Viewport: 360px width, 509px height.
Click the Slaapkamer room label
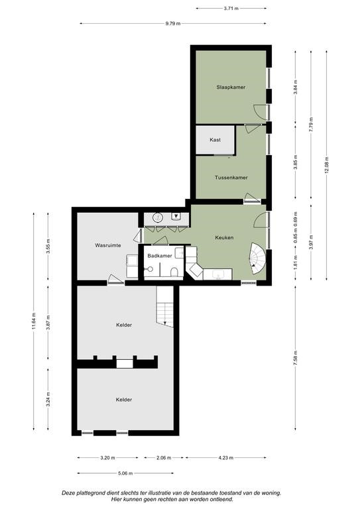(x=231, y=87)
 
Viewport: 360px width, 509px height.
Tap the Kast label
(x=215, y=140)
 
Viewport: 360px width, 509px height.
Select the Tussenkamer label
(x=231, y=178)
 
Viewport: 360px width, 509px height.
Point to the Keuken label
(x=224, y=238)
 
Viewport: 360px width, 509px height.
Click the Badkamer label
(x=160, y=256)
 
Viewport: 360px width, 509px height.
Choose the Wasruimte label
(x=108, y=245)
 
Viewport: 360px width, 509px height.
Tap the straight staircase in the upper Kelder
(x=165, y=306)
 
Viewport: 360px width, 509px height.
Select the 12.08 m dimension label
(x=327, y=165)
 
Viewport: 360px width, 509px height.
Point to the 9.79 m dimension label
(x=172, y=23)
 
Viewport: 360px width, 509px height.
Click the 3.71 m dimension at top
(x=231, y=9)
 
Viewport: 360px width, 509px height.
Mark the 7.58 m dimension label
(x=296, y=359)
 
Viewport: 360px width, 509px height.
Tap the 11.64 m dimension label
(x=34, y=321)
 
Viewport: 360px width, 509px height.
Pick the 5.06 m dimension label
(x=125, y=473)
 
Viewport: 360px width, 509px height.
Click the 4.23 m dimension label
(x=225, y=458)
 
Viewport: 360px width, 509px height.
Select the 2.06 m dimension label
(x=164, y=458)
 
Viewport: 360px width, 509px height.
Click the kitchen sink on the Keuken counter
(x=218, y=274)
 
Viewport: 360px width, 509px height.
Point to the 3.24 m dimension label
(x=48, y=399)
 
